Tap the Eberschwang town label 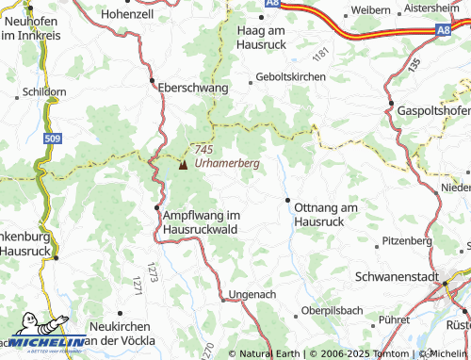(x=194, y=87)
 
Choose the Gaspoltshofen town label (x=433, y=110)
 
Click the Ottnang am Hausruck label (x=327, y=213)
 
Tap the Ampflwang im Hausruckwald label (x=203, y=221)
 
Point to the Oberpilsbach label (x=333, y=310)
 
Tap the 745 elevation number (x=202, y=150)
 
